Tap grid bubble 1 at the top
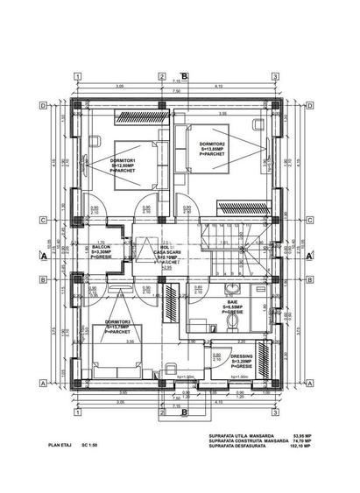point(78,76)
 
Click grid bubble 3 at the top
point(275,76)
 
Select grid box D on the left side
point(42,106)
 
